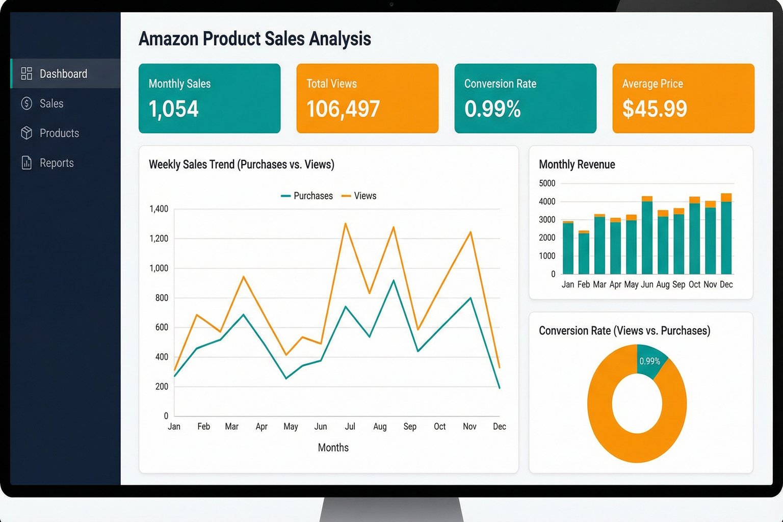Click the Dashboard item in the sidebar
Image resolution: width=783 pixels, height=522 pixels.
coord(63,74)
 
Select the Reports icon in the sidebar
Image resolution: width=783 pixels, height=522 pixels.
coord(27,163)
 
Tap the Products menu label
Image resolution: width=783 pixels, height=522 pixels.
coord(59,133)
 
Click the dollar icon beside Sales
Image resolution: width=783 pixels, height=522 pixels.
coord(27,103)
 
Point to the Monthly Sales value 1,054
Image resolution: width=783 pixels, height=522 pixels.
coord(173,109)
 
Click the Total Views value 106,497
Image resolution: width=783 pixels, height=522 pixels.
coord(343,109)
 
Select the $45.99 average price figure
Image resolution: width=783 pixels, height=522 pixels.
coord(655,109)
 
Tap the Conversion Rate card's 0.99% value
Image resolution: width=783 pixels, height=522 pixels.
coord(492,109)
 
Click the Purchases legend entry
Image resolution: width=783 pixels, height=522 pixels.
coord(307,196)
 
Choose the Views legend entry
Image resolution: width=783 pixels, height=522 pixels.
coord(359,196)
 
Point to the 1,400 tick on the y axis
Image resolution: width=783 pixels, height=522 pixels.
coord(159,209)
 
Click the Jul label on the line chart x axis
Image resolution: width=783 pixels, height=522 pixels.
coord(350,427)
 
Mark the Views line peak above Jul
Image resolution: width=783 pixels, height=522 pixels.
coord(345,223)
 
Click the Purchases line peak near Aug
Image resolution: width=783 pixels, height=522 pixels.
coord(394,280)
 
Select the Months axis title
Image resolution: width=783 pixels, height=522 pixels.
coord(333,448)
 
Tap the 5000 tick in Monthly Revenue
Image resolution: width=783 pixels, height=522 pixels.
coord(547,184)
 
